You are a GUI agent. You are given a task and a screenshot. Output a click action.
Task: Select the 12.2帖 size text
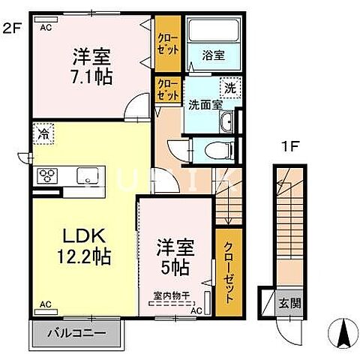[83, 257]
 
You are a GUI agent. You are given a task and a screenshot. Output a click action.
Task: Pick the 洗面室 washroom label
[203, 105]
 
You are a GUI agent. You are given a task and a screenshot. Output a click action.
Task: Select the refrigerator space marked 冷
[43, 135]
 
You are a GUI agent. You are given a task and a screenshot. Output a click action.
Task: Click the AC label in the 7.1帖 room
[46, 27]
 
